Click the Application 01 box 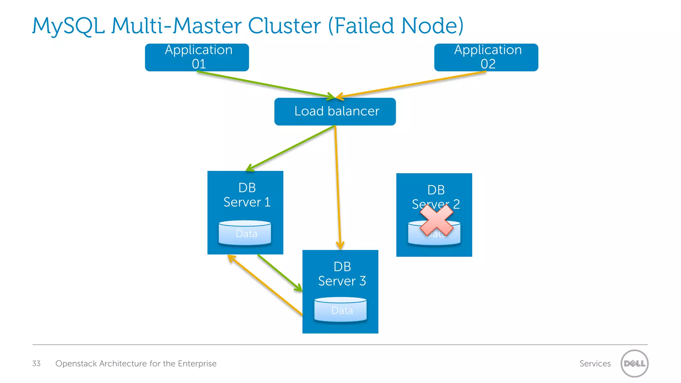point(197,57)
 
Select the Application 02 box point(486,57)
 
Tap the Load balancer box point(335,111)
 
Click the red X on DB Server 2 point(436,220)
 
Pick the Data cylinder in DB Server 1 point(245,233)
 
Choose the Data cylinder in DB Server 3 point(340,310)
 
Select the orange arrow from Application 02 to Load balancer point(412,84)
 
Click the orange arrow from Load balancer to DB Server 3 point(338,186)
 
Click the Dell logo point(634,363)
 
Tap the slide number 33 point(36,363)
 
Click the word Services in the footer point(595,363)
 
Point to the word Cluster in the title point(284,26)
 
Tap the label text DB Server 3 point(342,274)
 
